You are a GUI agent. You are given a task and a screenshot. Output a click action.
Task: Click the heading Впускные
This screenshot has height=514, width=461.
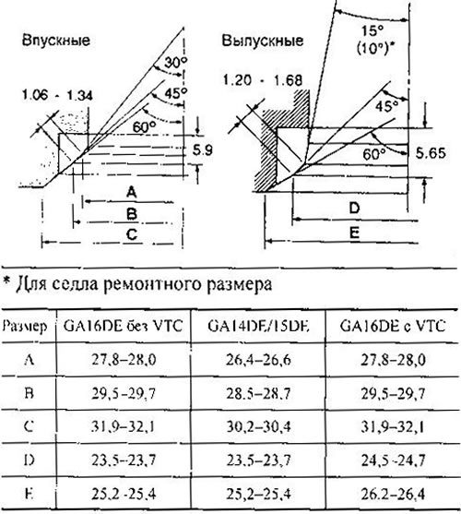pyautogui.click(x=56, y=41)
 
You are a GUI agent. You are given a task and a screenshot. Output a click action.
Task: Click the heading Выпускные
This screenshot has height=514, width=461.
pyautogui.click(x=263, y=41)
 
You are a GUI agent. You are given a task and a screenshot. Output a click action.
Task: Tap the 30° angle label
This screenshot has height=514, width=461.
pyautogui.click(x=175, y=62)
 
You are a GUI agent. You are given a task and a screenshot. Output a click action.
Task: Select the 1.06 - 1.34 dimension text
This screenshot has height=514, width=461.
pyautogui.click(x=57, y=95)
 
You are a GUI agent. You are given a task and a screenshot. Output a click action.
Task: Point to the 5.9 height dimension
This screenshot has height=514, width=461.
pyautogui.click(x=202, y=150)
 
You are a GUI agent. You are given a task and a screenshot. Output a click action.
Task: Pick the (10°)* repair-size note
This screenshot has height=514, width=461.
pyautogui.click(x=375, y=49)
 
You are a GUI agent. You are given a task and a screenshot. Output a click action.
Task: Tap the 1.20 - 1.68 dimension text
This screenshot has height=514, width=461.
pyautogui.click(x=263, y=80)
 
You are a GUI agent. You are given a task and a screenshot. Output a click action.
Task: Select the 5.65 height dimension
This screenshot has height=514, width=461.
pyautogui.click(x=431, y=153)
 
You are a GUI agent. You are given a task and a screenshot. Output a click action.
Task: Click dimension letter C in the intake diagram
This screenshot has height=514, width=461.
pyautogui.click(x=131, y=234)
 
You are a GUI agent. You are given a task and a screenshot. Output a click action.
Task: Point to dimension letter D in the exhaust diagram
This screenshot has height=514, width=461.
pyautogui.click(x=354, y=209)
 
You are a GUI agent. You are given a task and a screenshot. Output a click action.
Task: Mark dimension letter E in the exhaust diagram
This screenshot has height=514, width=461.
pyautogui.click(x=355, y=233)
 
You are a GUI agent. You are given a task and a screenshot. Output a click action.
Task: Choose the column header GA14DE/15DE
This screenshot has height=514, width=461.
pyautogui.click(x=258, y=326)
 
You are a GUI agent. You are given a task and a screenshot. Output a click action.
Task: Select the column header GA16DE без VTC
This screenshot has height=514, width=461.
pyautogui.click(x=123, y=326)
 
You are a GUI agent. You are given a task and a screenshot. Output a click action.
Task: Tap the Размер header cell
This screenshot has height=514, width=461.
pyautogui.click(x=25, y=327)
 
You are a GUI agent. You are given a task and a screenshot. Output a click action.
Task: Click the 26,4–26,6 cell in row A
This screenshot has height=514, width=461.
pyautogui.click(x=258, y=360)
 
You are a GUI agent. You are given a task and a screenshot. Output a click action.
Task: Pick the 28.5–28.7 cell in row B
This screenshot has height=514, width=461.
pyautogui.click(x=258, y=394)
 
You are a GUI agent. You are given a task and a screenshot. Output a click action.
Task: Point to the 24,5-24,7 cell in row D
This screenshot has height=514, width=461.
pyautogui.click(x=393, y=460)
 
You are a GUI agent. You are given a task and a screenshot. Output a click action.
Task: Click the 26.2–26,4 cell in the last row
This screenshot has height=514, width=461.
pyautogui.click(x=393, y=495)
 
